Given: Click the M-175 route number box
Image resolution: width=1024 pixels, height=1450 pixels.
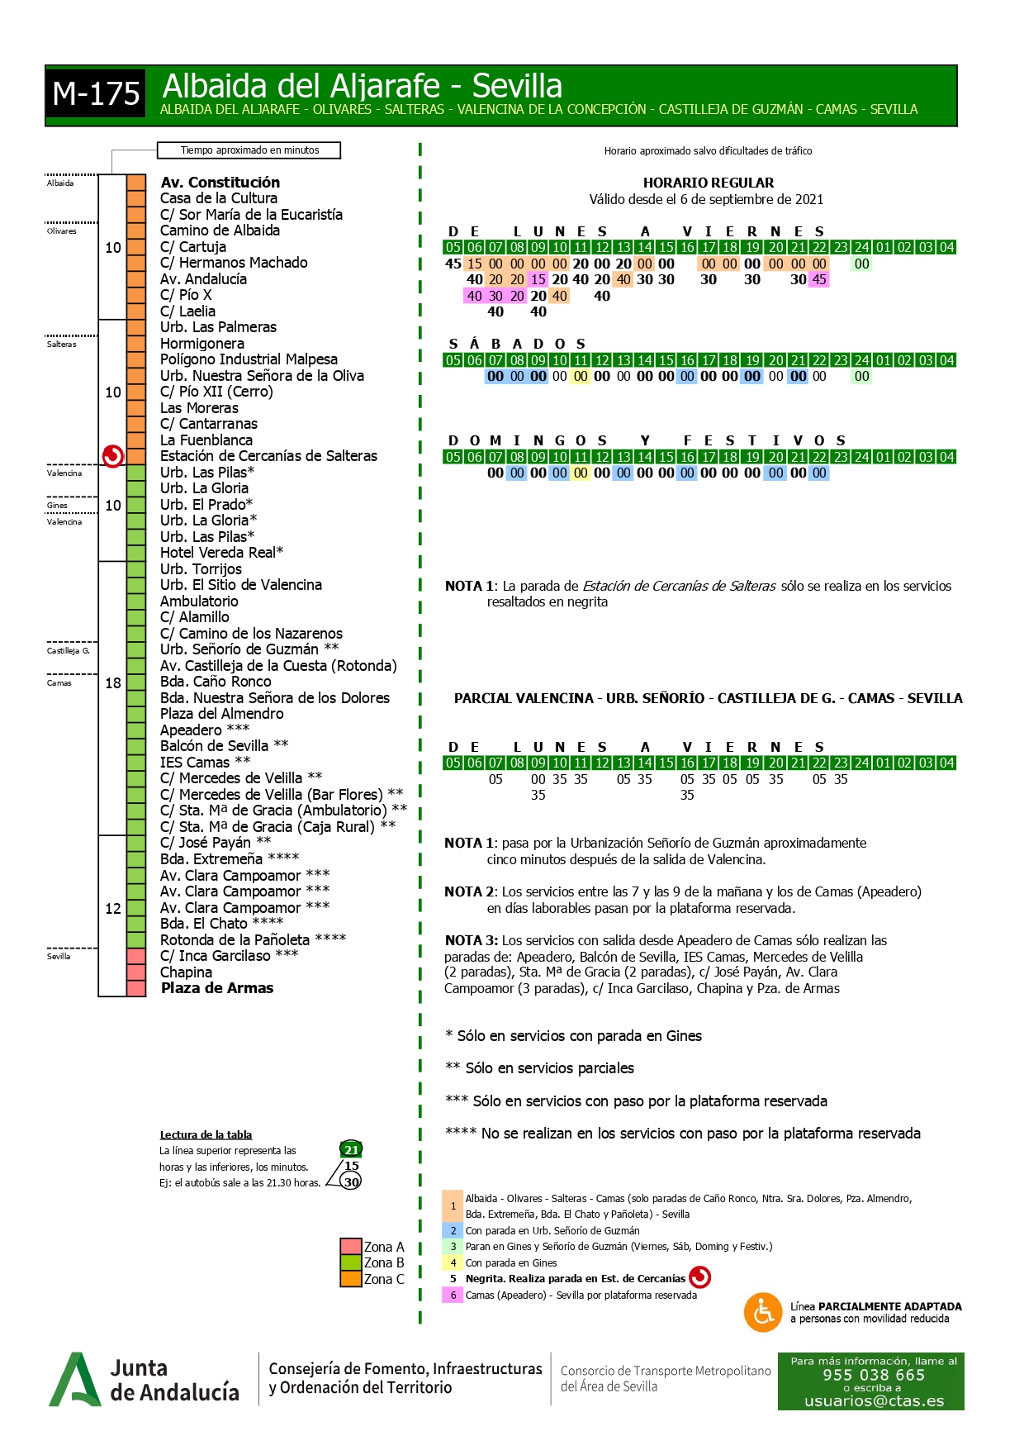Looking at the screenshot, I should (96, 94).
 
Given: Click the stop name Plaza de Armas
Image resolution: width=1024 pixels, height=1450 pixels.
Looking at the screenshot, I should (216, 988).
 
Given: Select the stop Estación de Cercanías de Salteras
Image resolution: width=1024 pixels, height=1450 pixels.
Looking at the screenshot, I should (268, 456).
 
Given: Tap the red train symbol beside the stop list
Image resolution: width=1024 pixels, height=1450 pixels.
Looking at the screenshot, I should (113, 455).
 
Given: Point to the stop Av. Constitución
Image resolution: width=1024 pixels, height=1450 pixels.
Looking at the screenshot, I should (220, 183).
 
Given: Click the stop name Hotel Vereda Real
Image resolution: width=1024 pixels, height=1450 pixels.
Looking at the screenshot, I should (221, 553).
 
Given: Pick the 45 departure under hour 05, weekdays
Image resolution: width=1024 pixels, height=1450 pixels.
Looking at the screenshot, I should (453, 264).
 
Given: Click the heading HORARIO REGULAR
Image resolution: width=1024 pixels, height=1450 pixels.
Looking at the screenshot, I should (709, 183).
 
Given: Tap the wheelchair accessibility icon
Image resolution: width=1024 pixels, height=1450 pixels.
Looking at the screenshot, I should (763, 1312).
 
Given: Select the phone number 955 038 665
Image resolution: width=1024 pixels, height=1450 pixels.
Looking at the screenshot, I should (874, 1375).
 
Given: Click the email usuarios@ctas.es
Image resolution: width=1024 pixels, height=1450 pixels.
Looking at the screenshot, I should (874, 1400).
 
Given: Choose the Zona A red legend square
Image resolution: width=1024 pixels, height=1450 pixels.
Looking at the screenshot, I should (351, 1247).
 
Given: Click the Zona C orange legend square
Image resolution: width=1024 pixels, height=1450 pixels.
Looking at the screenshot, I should (351, 1279).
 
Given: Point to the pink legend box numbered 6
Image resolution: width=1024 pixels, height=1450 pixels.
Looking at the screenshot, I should (453, 1295).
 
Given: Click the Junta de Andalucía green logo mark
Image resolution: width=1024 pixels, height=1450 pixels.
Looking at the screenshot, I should (74, 1380).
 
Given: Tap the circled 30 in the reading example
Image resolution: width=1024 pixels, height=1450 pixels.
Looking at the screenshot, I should (352, 1181).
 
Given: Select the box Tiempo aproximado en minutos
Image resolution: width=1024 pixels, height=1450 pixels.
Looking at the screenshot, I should (249, 150).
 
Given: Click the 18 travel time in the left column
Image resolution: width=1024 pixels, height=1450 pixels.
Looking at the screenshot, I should (113, 683).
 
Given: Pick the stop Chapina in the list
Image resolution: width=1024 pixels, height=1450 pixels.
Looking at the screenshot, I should (186, 972).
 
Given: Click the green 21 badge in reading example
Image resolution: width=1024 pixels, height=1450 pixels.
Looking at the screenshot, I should (351, 1149).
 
